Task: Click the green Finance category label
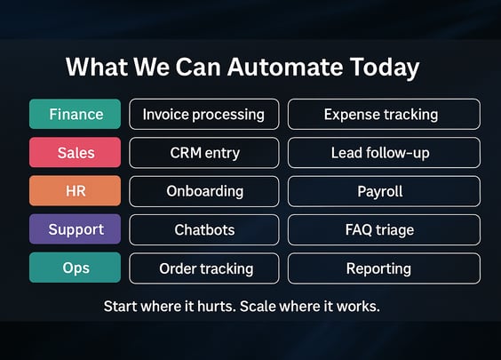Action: [x=76, y=114]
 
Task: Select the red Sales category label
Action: [x=76, y=153]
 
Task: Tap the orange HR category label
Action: [x=76, y=191]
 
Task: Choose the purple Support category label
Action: [x=76, y=229]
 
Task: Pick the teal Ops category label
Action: [x=76, y=268]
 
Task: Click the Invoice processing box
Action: [x=204, y=114]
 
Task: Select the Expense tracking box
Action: [x=384, y=114]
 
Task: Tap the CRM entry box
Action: [x=204, y=153]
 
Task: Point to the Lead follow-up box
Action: [x=384, y=153]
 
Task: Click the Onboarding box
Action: [x=204, y=191]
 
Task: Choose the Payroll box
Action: [x=384, y=191]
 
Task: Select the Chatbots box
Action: [x=204, y=230]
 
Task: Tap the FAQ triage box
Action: [x=384, y=230]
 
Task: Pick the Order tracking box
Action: [x=204, y=268]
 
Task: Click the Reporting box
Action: [x=384, y=268]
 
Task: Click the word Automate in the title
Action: [x=285, y=68]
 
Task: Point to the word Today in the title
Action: [x=385, y=68]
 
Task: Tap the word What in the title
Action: [x=97, y=68]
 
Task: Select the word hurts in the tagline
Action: [x=217, y=307]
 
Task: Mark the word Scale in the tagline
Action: [x=258, y=307]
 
